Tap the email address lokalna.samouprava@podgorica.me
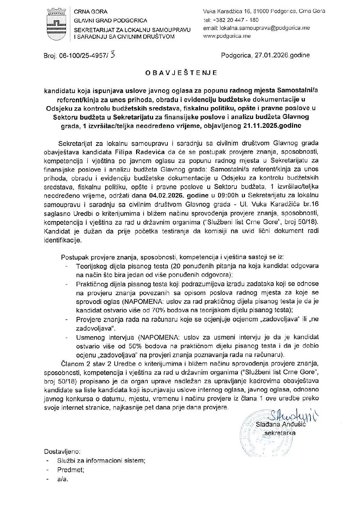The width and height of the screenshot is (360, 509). [256, 28]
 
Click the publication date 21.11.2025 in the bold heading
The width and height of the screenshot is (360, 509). [264, 125]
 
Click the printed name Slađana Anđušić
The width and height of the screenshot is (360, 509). [277, 425]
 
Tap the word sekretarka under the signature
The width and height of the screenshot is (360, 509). [280, 433]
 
